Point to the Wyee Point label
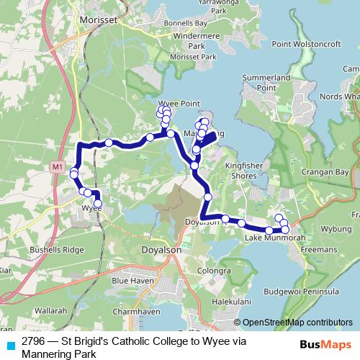(x=179, y=104)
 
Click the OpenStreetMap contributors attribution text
(x=297, y=323)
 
